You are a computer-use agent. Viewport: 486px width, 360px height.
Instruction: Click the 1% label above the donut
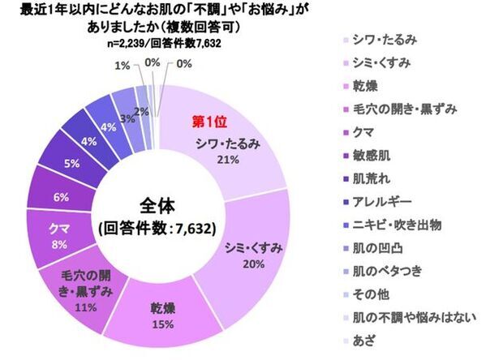(119, 65)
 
